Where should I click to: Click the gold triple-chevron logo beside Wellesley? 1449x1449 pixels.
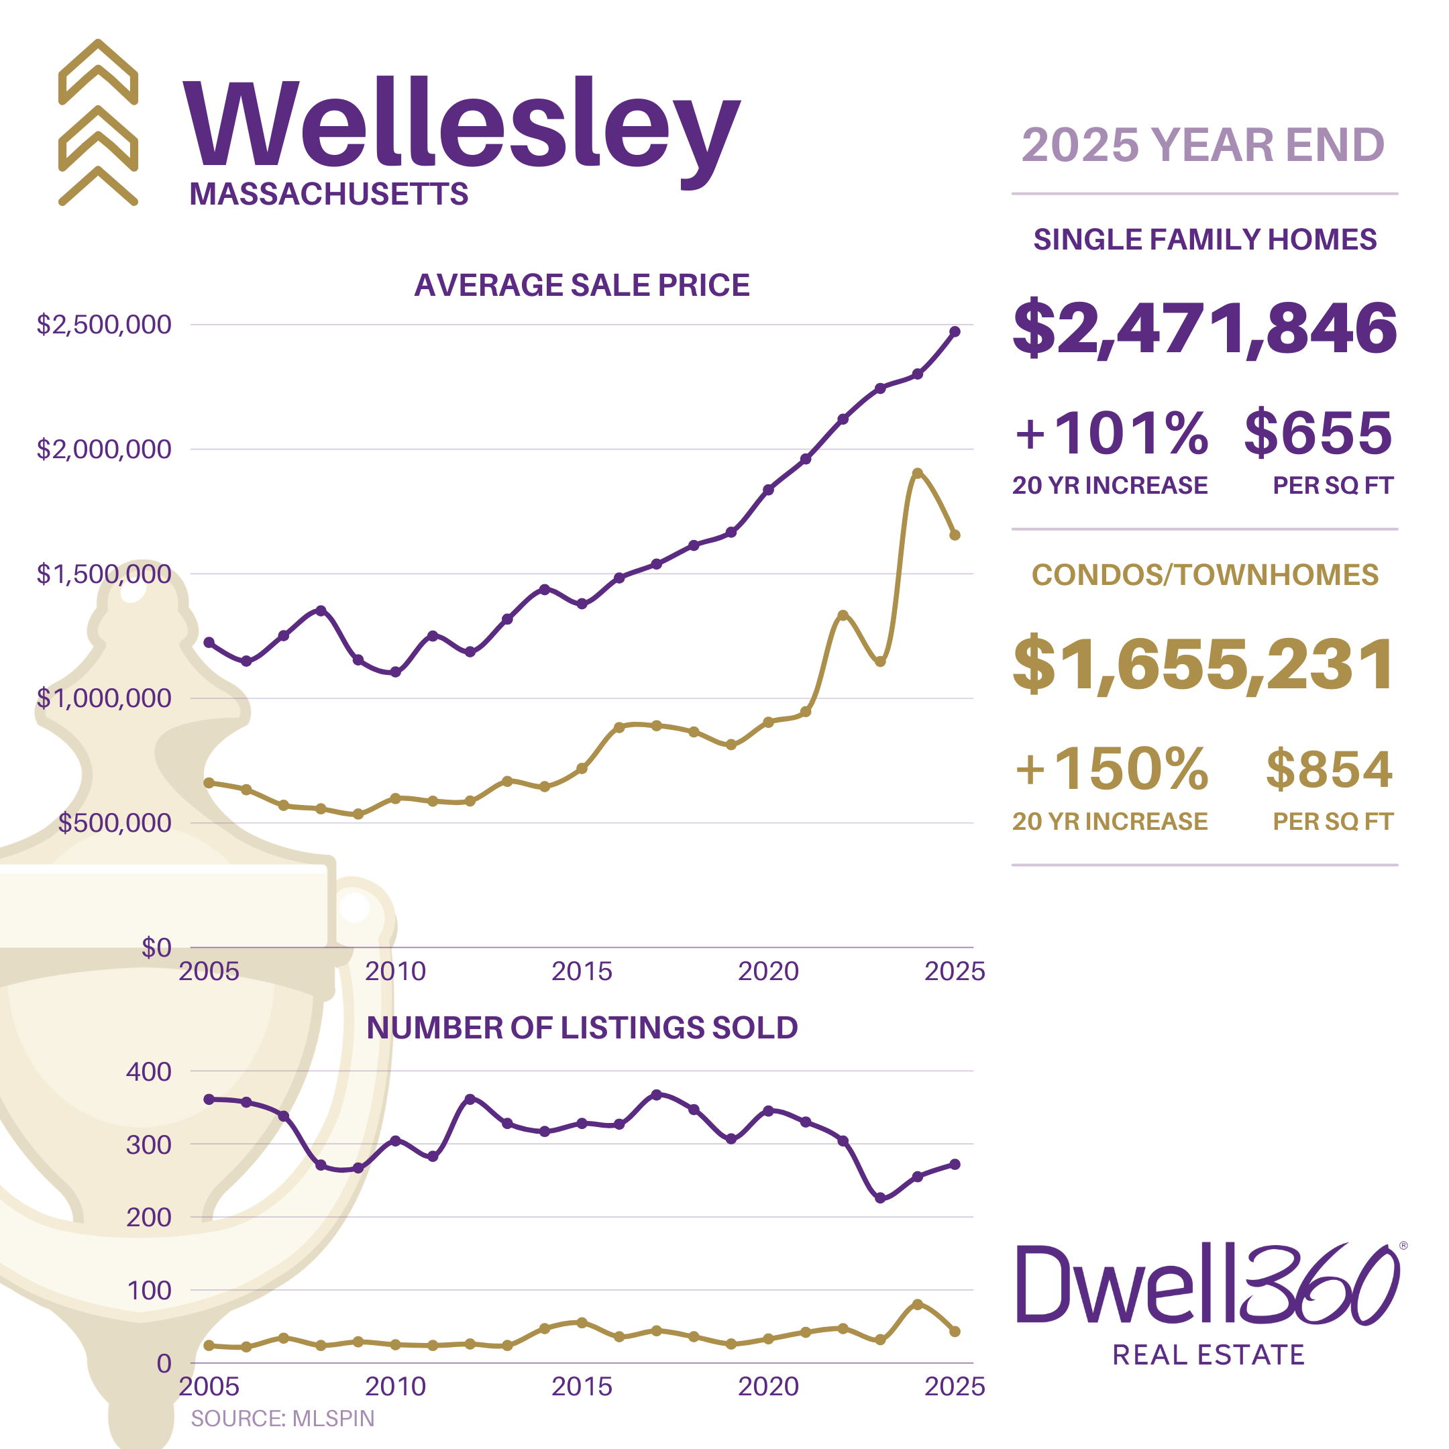[x=98, y=122]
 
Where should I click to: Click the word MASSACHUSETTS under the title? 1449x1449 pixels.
[x=329, y=195]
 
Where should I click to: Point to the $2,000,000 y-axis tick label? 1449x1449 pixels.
[x=104, y=449]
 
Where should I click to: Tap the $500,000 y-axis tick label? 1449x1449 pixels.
[x=115, y=822]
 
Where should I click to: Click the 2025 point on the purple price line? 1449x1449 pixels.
[x=955, y=331]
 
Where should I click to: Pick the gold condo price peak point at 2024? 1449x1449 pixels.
[x=917, y=473]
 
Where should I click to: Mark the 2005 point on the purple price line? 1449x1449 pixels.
[x=209, y=643]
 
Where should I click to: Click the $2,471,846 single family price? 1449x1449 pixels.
[x=1205, y=328]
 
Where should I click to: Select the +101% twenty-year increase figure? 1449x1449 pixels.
[x=1111, y=433]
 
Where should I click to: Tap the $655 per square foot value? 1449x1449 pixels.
[x=1318, y=433]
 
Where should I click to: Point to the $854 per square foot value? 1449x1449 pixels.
[x=1329, y=769]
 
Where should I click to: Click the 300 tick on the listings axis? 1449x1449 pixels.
[x=148, y=1145]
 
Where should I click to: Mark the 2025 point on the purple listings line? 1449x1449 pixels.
[x=955, y=1165]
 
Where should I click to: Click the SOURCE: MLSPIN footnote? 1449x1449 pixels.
[x=282, y=1418]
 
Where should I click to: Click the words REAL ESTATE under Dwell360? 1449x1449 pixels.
[x=1208, y=1355]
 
